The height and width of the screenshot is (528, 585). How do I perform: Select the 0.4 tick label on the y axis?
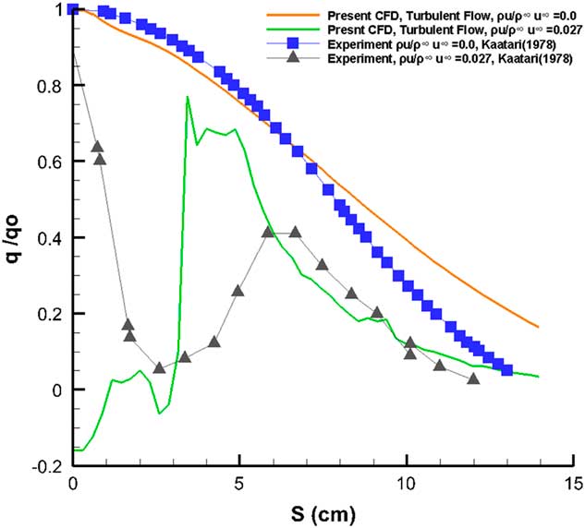(47, 238)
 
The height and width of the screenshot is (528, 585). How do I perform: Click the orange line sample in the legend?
(289, 16)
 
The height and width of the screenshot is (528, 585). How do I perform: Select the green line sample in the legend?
(289, 30)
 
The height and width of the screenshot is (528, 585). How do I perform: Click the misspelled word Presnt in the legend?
(343, 30)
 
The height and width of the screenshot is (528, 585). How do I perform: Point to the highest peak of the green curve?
(188, 97)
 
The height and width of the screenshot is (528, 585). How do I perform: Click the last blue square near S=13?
(506, 370)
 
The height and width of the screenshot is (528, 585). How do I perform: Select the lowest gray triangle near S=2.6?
(159, 367)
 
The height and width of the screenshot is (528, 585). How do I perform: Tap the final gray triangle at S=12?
(473, 378)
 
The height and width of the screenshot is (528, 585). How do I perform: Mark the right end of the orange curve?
(538, 327)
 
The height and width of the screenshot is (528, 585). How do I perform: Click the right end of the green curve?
(538, 377)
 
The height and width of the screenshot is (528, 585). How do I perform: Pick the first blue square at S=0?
(74, 9)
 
